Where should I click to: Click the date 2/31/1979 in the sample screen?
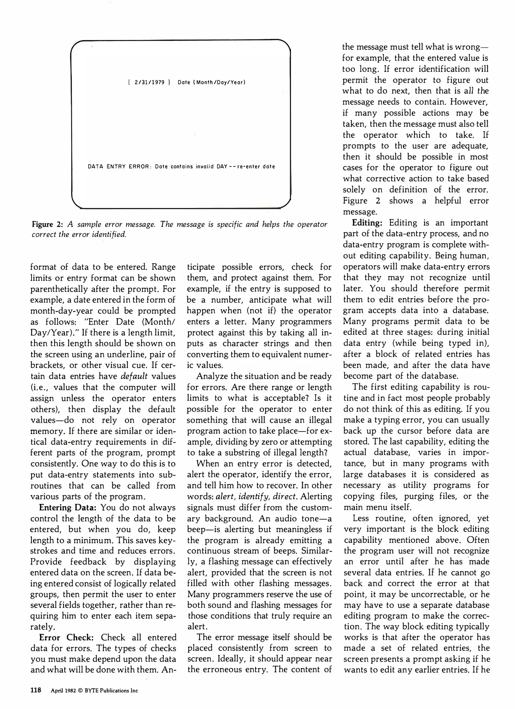click(150, 82)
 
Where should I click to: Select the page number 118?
click(36, 690)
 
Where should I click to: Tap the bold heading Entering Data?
click(68, 507)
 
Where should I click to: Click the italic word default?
click(134, 376)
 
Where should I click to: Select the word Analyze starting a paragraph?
click(212, 376)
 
